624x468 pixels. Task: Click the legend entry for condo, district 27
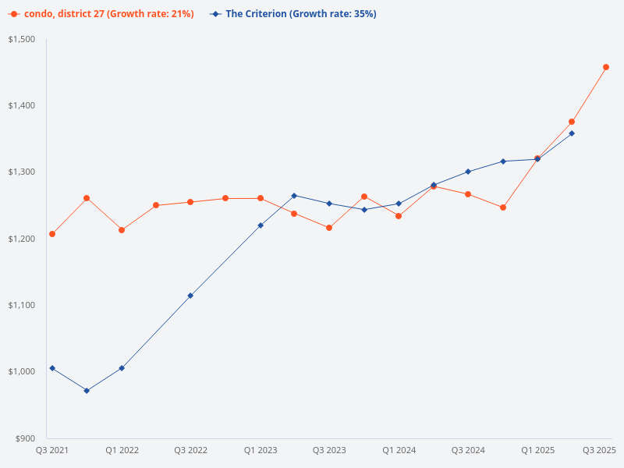click(x=101, y=14)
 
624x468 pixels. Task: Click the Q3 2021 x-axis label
click(x=52, y=451)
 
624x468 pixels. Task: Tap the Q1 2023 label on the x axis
click(x=261, y=451)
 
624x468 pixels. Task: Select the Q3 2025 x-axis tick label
click(x=600, y=451)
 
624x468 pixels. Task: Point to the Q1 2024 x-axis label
click(x=399, y=451)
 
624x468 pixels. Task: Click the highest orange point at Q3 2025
click(x=606, y=67)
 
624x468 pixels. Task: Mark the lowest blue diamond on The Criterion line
click(x=87, y=391)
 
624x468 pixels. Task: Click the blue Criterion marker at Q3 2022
click(x=190, y=296)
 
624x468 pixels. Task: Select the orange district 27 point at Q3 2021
click(x=52, y=234)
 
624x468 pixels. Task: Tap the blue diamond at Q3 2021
click(x=52, y=368)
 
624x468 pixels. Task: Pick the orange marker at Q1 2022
click(x=122, y=230)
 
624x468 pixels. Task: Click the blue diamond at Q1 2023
click(x=261, y=225)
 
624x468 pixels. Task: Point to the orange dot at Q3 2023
click(x=329, y=228)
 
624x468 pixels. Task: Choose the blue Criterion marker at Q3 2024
click(x=468, y=172)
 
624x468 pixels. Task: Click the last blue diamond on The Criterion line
click(x=572, y=133)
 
